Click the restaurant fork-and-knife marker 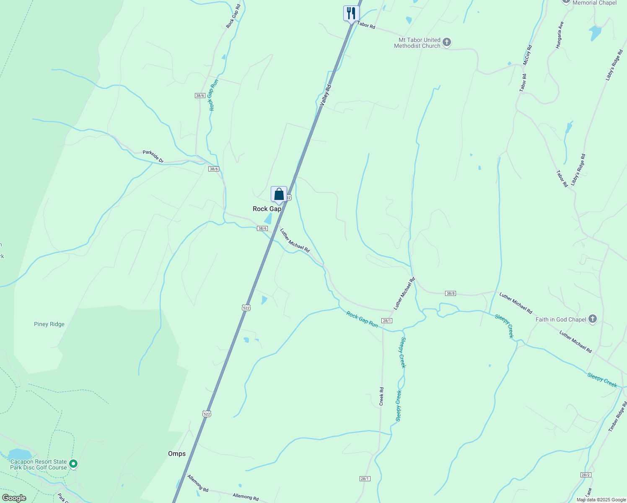(351, 13)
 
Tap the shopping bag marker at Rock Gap (279, 194)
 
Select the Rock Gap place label (267, 209)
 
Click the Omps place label (177, 454)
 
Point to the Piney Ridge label (49, 324)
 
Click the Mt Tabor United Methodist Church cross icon (447, 42)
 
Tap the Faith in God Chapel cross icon (592, 319)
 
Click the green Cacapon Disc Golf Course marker (73, 464)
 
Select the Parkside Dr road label (153, 156)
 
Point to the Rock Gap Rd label (233, 16)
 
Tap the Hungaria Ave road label (559, 36)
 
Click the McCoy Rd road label (527, 55)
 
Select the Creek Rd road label (381, 396)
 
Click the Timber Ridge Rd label (618, 417)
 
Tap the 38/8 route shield (451, 293)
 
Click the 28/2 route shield (586, 475)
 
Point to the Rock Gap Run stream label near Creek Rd (362, 319)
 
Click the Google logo (14, 498)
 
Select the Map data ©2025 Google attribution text (601, 500)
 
